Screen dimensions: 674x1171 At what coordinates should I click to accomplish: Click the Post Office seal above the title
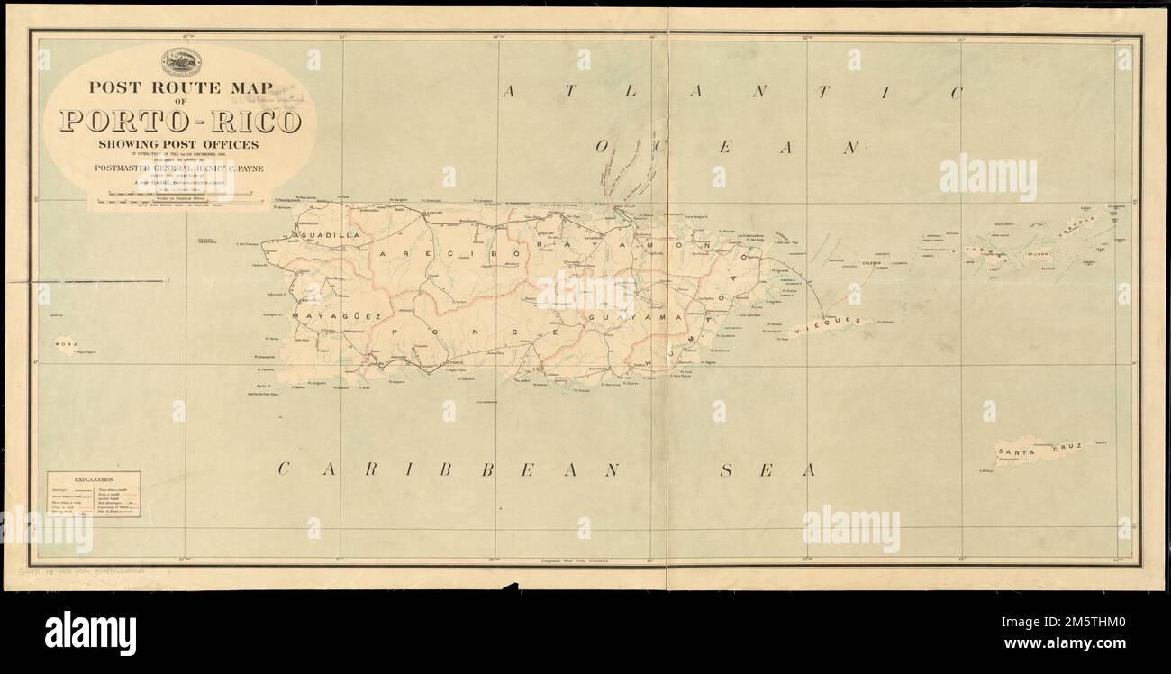(181, 62)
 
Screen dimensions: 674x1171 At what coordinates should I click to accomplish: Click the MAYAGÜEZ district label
(338, 317)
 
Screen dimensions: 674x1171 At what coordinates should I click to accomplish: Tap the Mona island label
(64, 342)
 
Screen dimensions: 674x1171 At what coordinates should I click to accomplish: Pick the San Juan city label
(625, 207)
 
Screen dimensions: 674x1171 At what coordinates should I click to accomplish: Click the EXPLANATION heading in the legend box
(94, 480)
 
